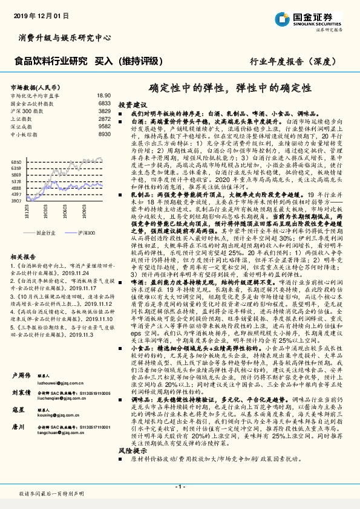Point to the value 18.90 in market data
(x=103, y=96)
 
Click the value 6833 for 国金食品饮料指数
(x=103, y=104)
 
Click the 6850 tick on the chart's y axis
(x=16, y=163)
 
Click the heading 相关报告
(x=24, y=256)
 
